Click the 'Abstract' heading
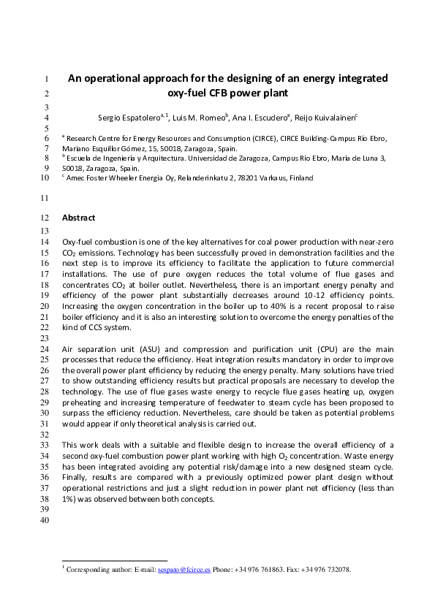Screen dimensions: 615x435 (x=78, y=218)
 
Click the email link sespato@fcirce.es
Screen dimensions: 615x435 (x=184, y=570)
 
